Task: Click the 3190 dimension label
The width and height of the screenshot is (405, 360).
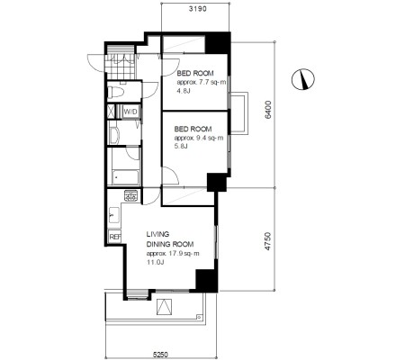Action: point(197,9)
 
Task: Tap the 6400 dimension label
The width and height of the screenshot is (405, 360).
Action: point(268,110)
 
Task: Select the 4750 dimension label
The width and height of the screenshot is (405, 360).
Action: point(268,241)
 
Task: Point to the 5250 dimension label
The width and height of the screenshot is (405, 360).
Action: point(160,355)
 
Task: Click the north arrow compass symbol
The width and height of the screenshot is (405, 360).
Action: point(303,79)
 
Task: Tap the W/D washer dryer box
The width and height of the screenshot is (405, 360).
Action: point(130,112)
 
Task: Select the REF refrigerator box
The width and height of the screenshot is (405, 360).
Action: point(114,237)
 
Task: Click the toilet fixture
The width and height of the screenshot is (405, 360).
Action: point(115,92)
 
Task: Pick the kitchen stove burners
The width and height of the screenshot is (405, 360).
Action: point(131,195)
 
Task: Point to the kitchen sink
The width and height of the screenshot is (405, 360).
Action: point(114,215)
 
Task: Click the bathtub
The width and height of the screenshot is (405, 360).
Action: point(126,177)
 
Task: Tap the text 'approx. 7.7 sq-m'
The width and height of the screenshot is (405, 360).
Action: point(202,82)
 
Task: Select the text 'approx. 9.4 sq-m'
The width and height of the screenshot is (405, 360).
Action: point(199,138)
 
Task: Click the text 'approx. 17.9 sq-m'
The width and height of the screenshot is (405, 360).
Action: point(173,254)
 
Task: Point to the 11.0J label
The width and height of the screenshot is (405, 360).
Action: point(155,263)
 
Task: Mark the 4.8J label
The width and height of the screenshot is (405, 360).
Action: point(184,91)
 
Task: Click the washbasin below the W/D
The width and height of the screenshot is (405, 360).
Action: point(113,135)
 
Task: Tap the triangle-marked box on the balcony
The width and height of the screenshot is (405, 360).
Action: point(165,307)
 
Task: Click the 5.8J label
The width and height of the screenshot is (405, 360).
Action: point(181,147)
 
